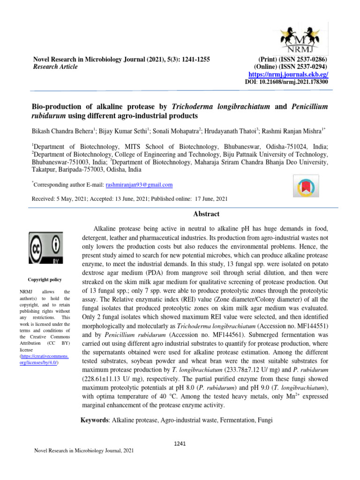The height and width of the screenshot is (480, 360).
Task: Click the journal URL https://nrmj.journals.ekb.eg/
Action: (x=288, y=75)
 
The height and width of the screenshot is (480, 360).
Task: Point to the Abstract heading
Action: (x=206, y=214)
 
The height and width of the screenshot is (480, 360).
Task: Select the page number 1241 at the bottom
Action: (x=180, y=443)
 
